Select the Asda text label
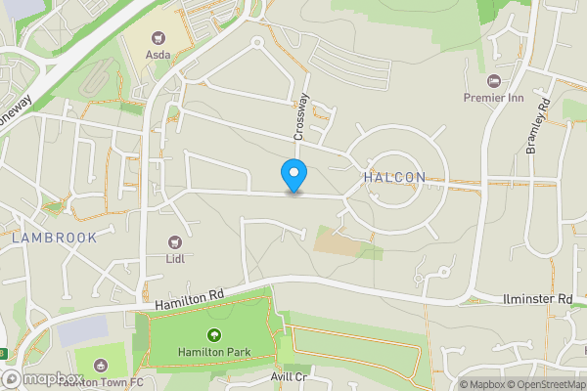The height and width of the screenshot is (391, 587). [x=158, y=55]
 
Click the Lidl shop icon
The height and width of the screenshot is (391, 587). [x=176, y=241]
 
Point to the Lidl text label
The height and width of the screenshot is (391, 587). [x=176, y=259]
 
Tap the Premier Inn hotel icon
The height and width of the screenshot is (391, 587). [x=493, y=79]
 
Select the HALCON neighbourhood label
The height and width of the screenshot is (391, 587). [x=394, y=177]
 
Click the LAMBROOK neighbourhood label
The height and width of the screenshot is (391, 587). [x=55, y=238]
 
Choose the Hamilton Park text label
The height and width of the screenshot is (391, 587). [x=214, y=352]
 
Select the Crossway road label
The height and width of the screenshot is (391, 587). [x=301, y=115]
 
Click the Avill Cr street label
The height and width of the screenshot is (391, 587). [x=289, y=377]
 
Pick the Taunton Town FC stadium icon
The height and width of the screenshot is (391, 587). [x=100, y=366]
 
